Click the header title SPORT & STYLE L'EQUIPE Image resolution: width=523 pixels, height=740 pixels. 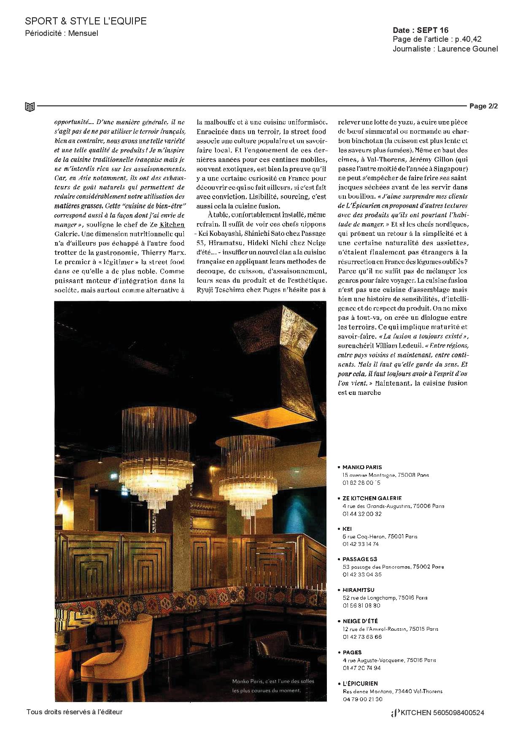pos(86,21)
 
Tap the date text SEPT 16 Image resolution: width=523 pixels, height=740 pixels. pos(432,30)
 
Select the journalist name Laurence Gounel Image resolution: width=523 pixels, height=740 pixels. pos(467,49)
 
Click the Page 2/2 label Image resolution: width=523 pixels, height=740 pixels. pos(483,106)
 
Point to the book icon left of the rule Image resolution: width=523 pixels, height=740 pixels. pos(30,107)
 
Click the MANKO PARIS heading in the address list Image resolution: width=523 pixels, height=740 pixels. pos(362,467)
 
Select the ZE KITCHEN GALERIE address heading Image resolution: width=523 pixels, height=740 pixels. pos(372,498)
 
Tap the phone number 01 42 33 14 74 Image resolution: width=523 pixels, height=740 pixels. pos(361,544)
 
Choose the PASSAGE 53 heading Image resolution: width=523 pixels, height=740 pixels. pos(360,559)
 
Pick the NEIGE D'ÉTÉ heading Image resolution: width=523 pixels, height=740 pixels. pos(360,621)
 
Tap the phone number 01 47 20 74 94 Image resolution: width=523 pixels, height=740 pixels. pos(361,668)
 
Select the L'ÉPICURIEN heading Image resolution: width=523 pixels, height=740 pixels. pos(360,683)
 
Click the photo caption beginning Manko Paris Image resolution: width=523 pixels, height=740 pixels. pos(273,686)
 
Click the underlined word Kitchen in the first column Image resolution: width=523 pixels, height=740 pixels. pos(172,224)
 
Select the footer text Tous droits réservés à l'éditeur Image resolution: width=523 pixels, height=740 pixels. pos(74,712)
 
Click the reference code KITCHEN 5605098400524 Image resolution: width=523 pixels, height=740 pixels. pos(442,713)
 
